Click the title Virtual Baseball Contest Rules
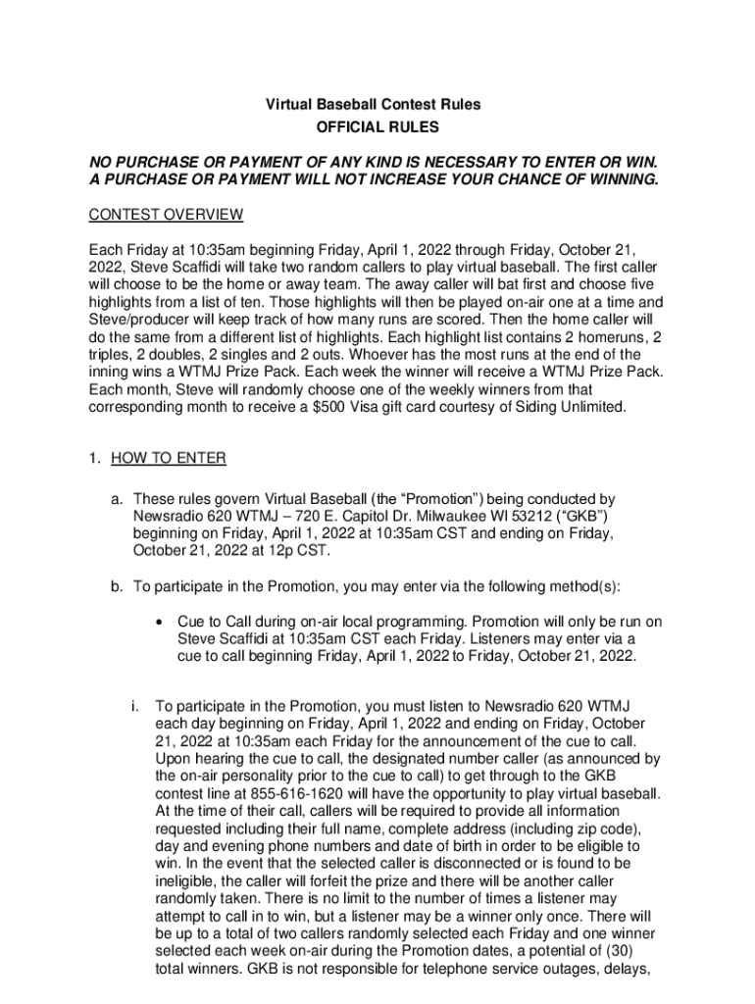(377, 105)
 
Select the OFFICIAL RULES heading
(377, 127)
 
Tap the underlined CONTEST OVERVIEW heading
(166, 215)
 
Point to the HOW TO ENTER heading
(169, 458)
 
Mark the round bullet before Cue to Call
(158, 623)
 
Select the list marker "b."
(116, 587)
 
